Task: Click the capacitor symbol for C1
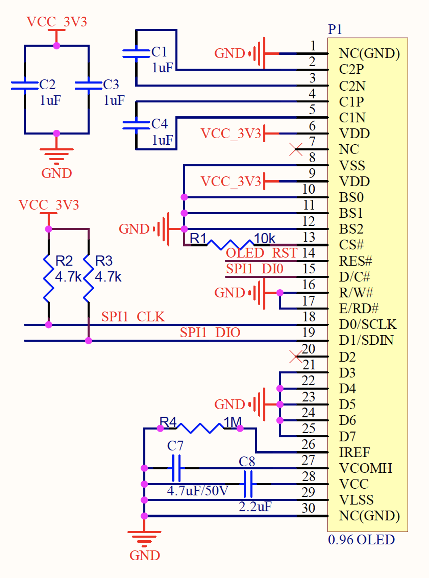[136, 54]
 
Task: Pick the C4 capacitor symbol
[136, 125]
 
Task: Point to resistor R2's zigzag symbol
[49, 278]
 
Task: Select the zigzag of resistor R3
[89, 278]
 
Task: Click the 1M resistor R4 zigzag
[200, 428]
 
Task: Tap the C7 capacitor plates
[176, 468]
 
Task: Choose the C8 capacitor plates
[248, 484]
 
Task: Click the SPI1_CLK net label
[133, 317]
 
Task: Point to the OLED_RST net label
[261, 253]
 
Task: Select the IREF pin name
[354, 452]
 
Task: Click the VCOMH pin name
[366, 468]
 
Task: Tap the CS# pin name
[351, 245]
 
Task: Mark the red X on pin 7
[296, 149]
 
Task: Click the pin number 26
[308, 444]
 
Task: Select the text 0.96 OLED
[361, 540]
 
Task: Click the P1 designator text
[335, 30]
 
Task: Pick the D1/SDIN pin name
[366, 340]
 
